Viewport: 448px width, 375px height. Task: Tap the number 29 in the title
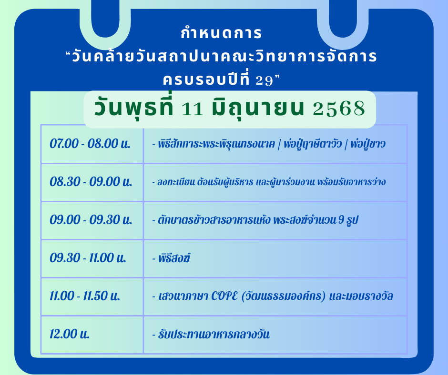[265, 81]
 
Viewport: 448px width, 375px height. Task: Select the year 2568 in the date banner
[339, 109]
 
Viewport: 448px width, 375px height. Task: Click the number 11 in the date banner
[192, 109]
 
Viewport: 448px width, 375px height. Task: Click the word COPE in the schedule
[224, 296]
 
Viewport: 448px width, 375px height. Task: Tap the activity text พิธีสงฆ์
[174, 258]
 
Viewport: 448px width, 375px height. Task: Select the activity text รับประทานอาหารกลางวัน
[214, 334]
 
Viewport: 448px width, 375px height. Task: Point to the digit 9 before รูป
[341, 220]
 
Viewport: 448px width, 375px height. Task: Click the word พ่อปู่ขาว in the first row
[368, 144]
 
